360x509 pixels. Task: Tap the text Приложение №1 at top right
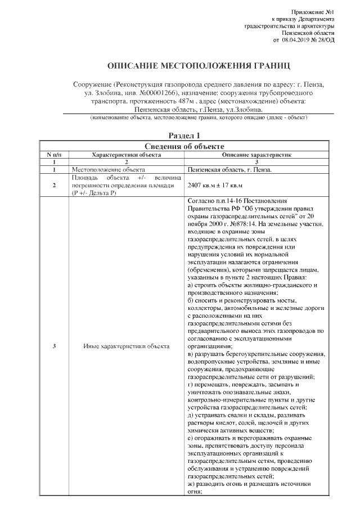coord(314,12)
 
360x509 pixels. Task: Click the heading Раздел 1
coord(184,136)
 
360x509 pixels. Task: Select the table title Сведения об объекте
coord(184,146)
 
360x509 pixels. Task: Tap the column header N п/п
coord(53,154)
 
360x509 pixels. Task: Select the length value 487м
coord(186,101)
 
